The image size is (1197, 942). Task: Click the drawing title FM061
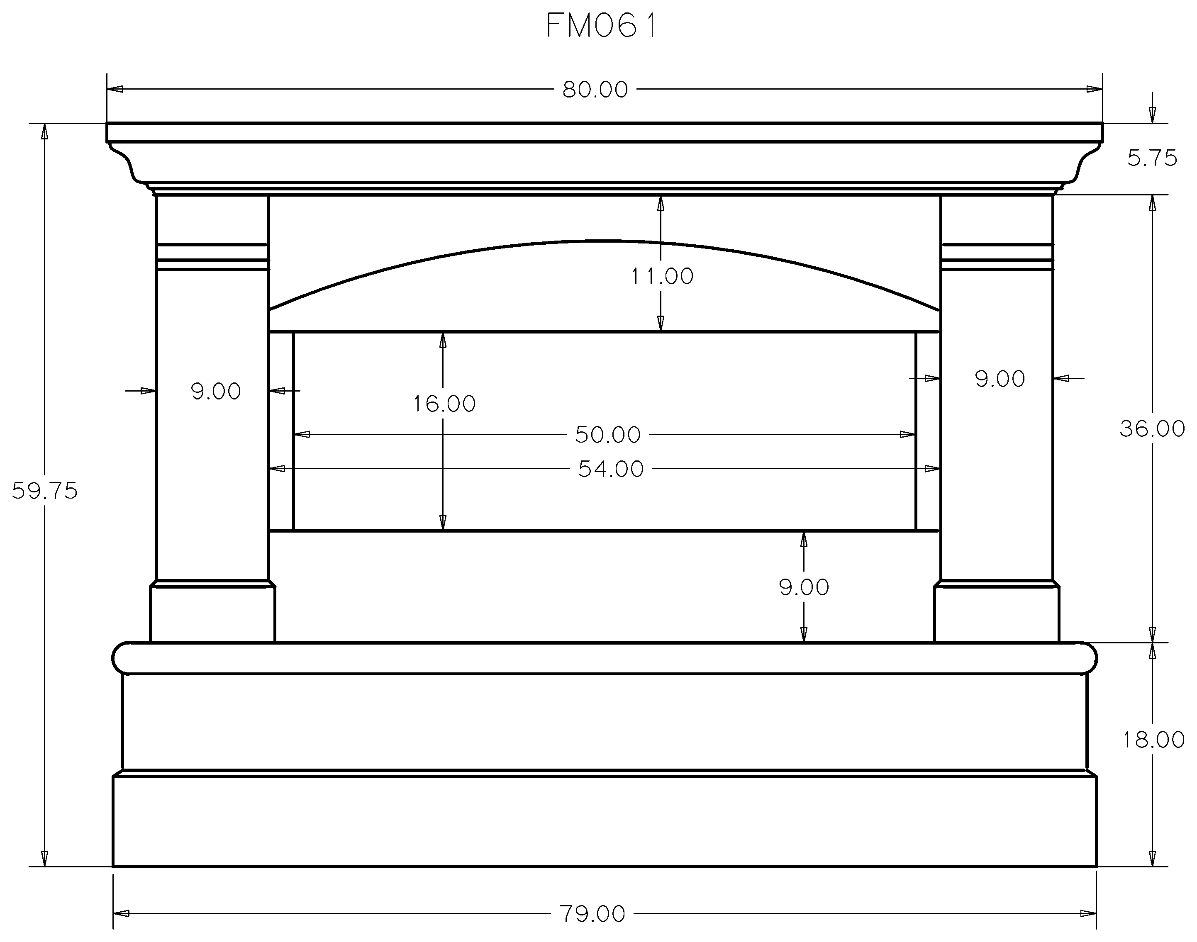601,26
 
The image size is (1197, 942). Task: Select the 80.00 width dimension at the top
595,89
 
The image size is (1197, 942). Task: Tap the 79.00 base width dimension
592,914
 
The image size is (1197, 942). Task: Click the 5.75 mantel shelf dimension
1152,159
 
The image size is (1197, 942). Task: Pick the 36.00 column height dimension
1152,428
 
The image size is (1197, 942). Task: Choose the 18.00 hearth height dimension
1153,740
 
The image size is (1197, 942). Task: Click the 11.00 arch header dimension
662,276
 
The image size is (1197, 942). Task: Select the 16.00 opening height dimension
445,404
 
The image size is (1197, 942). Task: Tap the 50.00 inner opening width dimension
608,435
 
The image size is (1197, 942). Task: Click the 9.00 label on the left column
216,392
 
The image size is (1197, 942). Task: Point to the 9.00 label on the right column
1000,379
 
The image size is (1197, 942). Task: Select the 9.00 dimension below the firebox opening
804,587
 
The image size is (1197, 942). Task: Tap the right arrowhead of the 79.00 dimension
1088,913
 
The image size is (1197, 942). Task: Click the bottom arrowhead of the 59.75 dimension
45,858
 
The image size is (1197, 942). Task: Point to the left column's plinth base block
212,614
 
